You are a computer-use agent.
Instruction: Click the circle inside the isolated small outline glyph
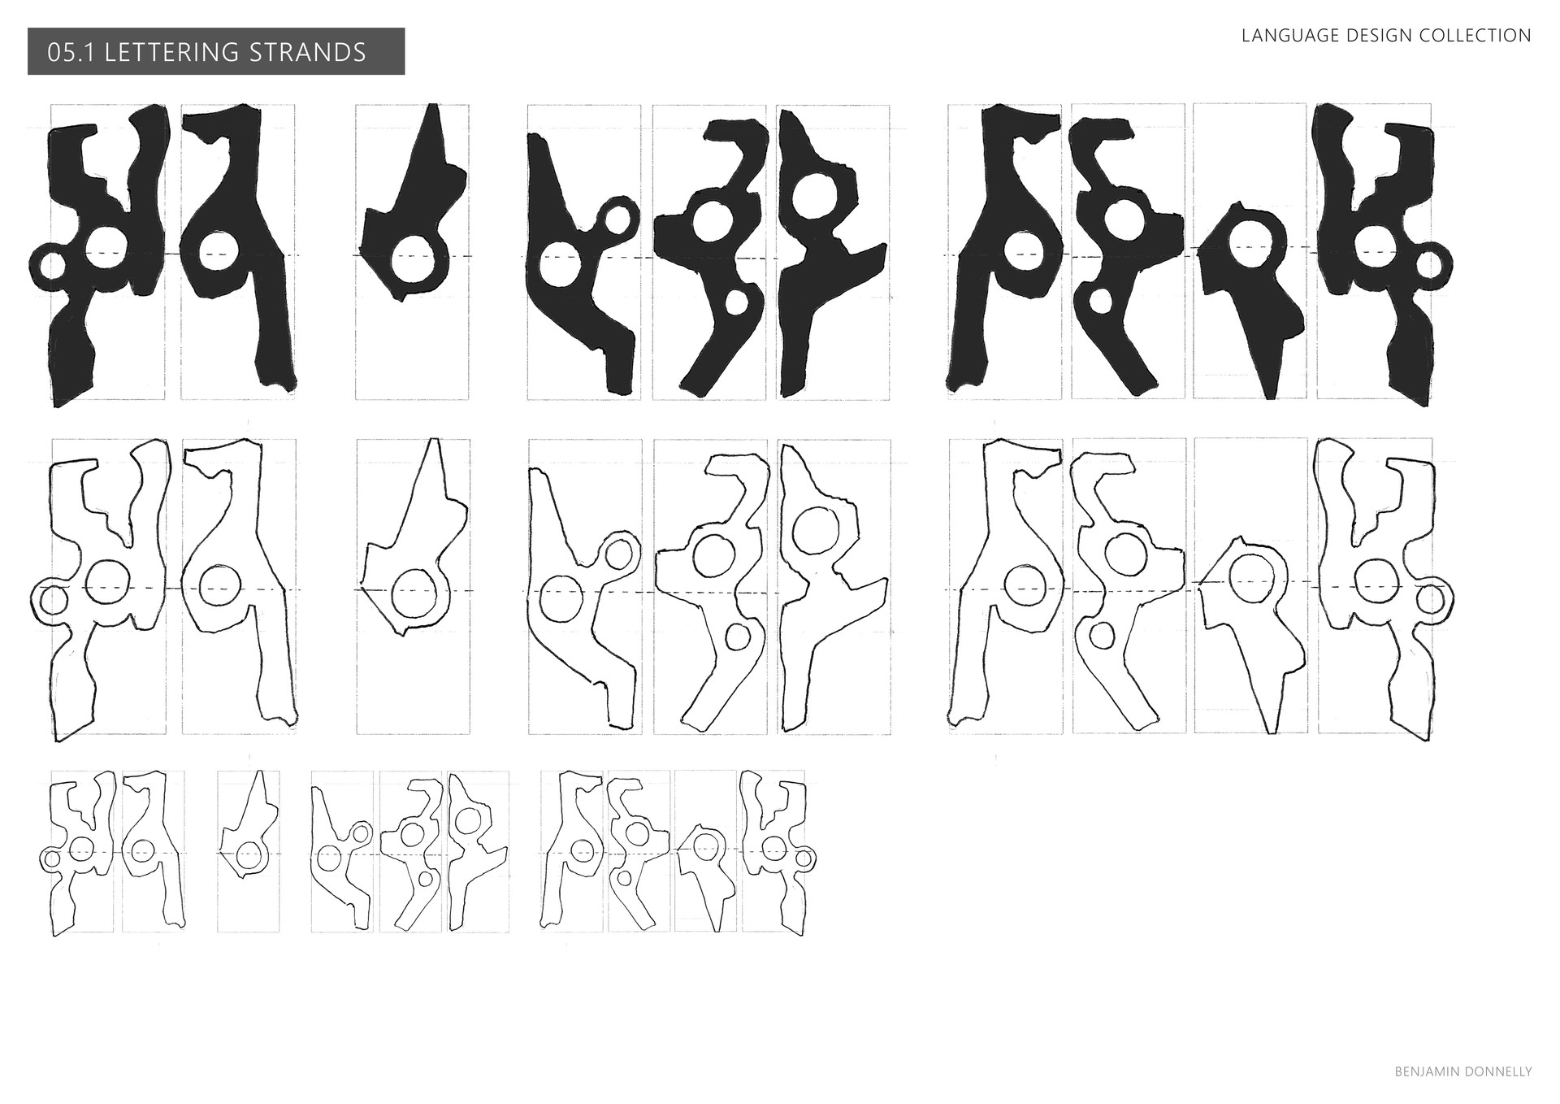tap(249, 854)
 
